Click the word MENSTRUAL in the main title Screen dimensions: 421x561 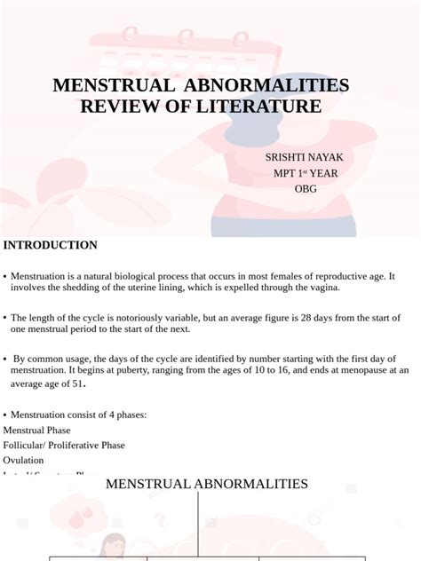[113, 86]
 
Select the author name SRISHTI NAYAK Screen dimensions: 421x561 [304, 157]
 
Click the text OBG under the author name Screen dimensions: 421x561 [306, 188]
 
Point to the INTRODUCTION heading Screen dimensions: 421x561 [51, 245]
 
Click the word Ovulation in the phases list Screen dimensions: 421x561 [24, 460]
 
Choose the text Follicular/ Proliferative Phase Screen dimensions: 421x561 [64, 445]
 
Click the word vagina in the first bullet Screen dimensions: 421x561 [320, 288]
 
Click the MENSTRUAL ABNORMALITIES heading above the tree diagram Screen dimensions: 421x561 [207, 484]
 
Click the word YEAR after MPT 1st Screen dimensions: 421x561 [318, 173]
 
